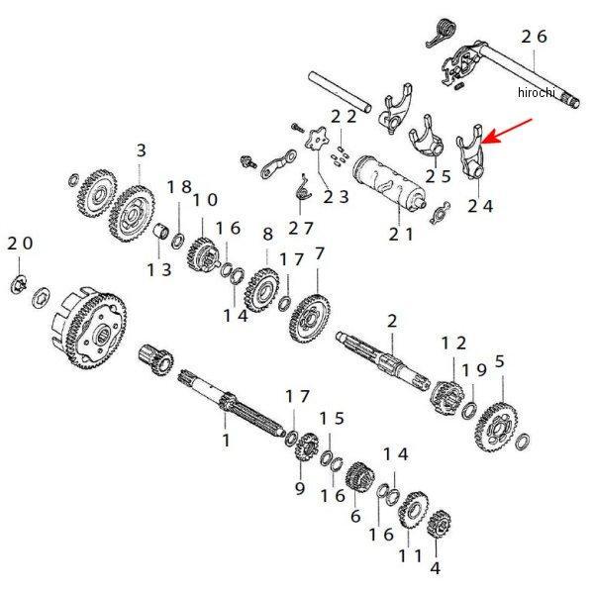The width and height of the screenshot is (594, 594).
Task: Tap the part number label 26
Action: tap(534, 37)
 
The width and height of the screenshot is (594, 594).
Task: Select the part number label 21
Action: tap(401, 234)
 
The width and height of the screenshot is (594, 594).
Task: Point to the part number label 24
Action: tap(479, 206)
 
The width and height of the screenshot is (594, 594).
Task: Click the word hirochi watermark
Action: tap(538, 92)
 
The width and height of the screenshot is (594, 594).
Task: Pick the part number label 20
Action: tap(20, 244)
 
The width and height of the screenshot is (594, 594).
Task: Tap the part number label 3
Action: tap(141, 150)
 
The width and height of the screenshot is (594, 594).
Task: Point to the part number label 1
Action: tap(225, 439)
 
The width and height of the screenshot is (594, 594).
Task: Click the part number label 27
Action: tap(300, 228)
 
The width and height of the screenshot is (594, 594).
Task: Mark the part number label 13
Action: tap(159, 269)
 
